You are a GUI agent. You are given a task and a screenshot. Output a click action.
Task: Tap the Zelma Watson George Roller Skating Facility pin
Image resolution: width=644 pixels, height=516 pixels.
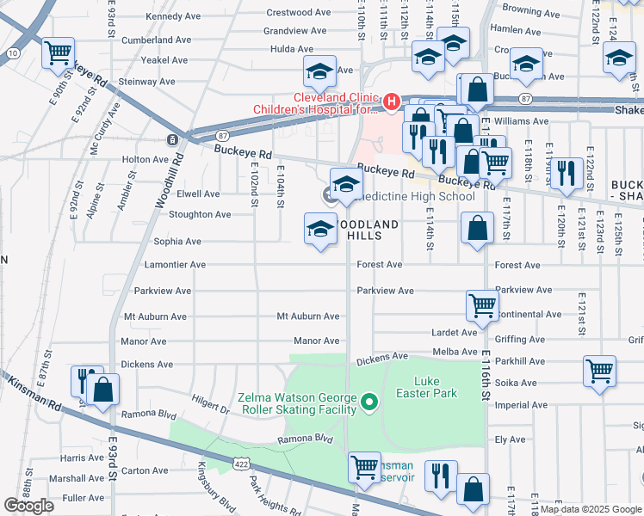370,402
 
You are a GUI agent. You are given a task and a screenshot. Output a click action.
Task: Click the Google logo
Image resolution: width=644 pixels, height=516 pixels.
28,506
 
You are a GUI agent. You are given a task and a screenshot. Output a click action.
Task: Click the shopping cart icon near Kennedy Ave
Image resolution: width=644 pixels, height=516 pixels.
59,53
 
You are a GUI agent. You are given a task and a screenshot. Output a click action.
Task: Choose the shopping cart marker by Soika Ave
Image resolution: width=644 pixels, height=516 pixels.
600,371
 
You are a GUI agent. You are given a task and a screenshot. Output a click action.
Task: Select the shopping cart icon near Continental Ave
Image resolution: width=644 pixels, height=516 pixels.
482,305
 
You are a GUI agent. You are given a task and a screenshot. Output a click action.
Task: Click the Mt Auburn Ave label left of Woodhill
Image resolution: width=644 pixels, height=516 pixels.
155,316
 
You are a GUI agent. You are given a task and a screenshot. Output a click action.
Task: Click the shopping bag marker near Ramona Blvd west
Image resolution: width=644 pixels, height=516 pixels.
103,390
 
